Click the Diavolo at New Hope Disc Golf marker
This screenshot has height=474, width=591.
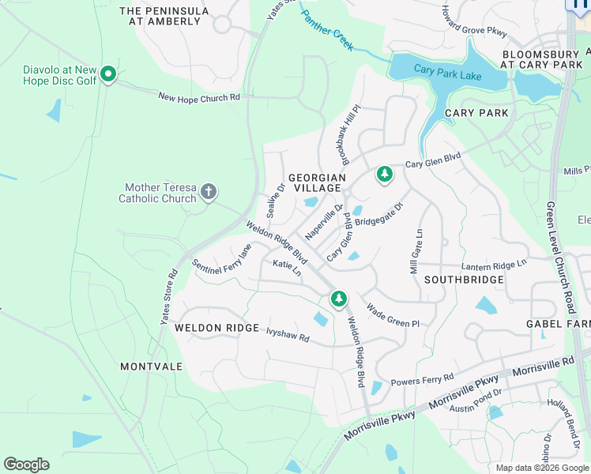(x=109, y=75)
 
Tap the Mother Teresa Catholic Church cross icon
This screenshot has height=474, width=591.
(x=209, y=191)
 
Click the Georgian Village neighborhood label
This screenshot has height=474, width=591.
(x=317, y=183)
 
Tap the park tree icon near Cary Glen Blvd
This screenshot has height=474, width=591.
(x=385, y=173)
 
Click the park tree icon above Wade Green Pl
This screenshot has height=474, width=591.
(x=338, y=298)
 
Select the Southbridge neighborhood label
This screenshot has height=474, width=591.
(x=464, y=280)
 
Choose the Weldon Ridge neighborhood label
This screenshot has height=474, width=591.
(x=216, y=328)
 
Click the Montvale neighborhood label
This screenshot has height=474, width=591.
(x=152, y=367)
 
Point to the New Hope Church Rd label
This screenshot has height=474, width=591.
(x=199, y=97)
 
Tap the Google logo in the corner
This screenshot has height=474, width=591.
(x=26, y=465)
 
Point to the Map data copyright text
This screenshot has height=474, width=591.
(x=542, y=468)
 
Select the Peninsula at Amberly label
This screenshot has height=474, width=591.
(x=164, y=16)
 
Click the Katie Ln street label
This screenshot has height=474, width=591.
(x=287, y=267)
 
